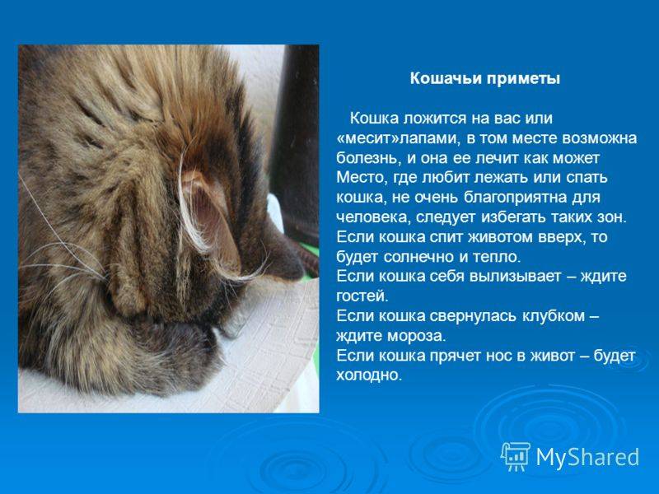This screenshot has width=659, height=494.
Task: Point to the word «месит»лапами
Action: [x=396, y=138]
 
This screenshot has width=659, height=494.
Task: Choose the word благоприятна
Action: [x=516, y=198]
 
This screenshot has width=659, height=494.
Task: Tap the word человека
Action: [x=368, y=217]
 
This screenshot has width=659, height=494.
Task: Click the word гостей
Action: [x=362, y=296]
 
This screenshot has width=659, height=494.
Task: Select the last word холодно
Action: [x=368, y=375]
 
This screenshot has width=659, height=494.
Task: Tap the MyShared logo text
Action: [x=587, y=457]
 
